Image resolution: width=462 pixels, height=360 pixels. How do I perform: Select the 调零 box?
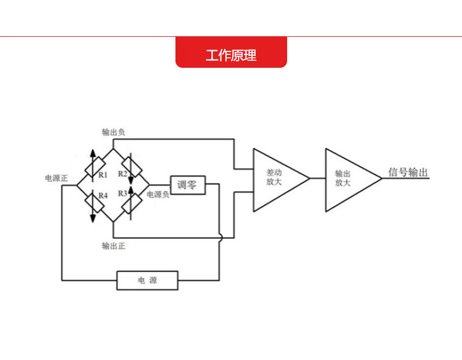tap(187, 185)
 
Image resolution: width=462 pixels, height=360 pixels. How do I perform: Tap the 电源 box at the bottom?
tap(147, 281)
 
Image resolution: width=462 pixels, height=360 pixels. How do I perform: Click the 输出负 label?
tap(113, 132)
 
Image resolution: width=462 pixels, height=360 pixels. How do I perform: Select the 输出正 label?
tap(113, 245)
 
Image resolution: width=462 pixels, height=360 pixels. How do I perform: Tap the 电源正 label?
tap(56, 178)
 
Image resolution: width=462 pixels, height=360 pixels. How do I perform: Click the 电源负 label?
tap(157, 194)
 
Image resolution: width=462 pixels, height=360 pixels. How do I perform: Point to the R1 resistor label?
tap(103, 174)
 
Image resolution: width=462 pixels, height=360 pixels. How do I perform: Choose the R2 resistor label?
tap(123, 174)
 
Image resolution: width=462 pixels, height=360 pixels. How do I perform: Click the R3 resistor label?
tap(123, 193)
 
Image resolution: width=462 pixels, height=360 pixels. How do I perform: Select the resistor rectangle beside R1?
tap(94, 167)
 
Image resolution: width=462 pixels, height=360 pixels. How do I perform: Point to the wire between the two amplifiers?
tap(318, 178)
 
